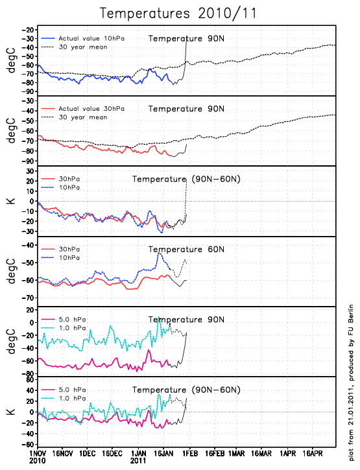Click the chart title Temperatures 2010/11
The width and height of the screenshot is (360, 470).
(178, 14)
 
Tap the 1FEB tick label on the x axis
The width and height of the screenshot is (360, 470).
(190, 453)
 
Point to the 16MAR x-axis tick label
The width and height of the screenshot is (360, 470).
(261, 453)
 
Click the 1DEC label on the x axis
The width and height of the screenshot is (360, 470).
(88, 453)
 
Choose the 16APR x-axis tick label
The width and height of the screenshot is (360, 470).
(312, 453)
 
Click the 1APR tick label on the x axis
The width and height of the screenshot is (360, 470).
(288, 453)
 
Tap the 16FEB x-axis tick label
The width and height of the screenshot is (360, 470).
(215, 453)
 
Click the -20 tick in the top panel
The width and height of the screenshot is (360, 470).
(28, 30)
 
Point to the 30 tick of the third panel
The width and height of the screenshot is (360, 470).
(30, 171)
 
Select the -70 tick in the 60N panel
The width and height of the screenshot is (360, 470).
(28, 298)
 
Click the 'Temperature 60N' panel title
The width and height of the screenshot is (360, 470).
(186, 250)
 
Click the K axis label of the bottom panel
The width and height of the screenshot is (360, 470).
(11, 412)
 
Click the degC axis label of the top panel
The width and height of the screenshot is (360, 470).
(11, 60)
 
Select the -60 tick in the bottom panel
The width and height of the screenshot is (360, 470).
(28, 445)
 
